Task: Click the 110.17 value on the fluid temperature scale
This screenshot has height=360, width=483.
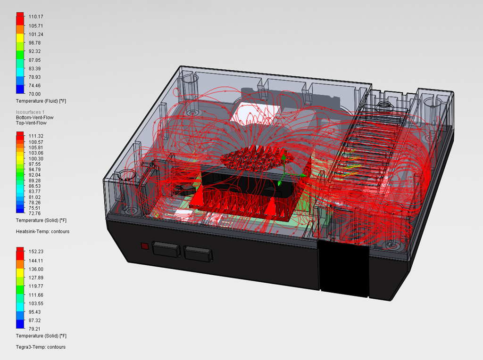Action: point(36,16)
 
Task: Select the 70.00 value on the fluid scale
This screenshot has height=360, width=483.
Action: point(34,94)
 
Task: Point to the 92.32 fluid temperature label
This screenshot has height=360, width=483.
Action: point(34,51)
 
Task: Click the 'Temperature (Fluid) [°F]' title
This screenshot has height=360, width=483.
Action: point(41,101)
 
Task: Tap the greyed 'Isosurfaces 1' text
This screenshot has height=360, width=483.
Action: point(30,112)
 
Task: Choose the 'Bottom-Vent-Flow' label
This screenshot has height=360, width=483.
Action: point(35,117)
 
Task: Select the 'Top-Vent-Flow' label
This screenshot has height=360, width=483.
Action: point(31,123)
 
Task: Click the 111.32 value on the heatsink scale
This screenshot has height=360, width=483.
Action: point(36,136)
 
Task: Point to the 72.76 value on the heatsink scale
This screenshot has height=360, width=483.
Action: point(34,213)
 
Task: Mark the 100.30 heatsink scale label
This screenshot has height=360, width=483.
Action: point(36,159)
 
